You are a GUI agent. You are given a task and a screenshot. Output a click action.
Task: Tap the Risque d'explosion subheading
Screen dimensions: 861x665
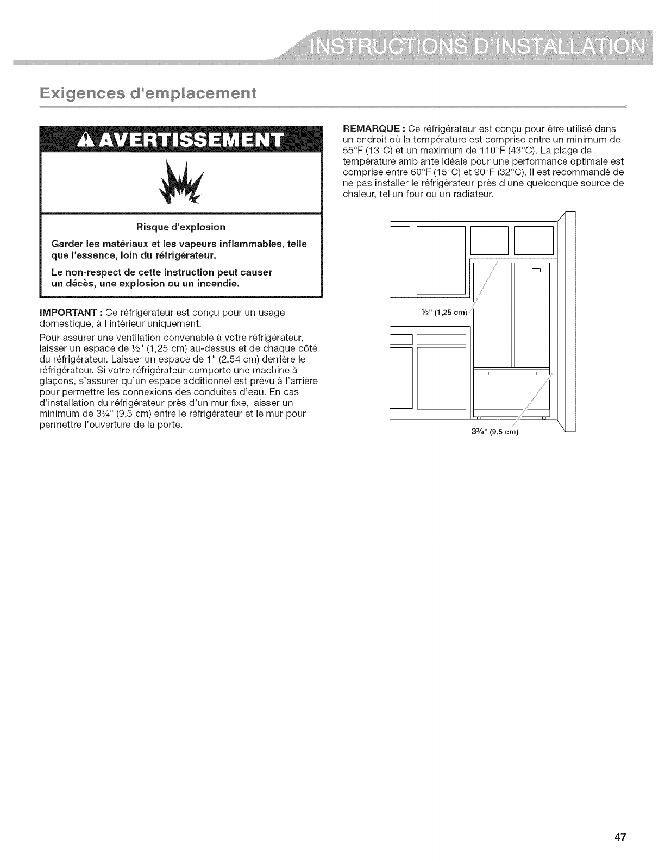tap(181, 227)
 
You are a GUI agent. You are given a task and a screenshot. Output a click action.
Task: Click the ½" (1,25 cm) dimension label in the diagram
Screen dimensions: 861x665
tap(441, 312)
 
